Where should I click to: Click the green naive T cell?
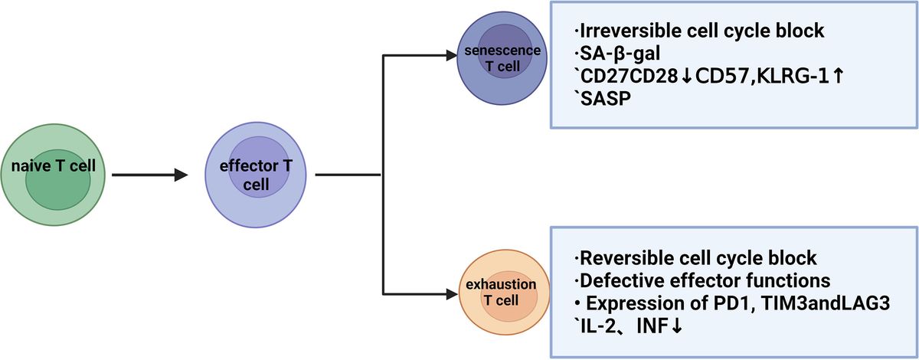52,175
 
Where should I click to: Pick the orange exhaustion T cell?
502,294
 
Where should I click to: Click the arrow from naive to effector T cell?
149,175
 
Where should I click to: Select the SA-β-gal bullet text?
618,54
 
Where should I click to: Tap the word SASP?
603,100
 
